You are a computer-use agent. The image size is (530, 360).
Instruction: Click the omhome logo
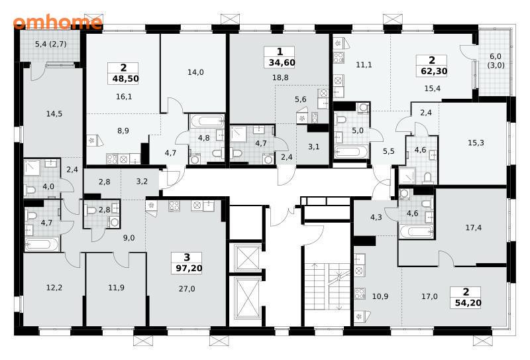tap(58, 23)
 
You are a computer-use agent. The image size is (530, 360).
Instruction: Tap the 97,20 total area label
tap(189, 269)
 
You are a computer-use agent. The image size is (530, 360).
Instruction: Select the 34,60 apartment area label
tap(282, 62)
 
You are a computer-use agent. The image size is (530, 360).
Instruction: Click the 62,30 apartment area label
tap(435, 72)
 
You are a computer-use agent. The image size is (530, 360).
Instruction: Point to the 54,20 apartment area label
tap(468, 303)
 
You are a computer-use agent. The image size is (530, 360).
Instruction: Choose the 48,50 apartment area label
tap(125, 79)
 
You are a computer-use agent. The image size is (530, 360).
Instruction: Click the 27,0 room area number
tap(187, 289)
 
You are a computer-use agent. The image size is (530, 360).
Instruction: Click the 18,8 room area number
tap(280, 78)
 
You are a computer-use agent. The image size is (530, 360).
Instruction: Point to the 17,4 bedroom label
tap(474, 227)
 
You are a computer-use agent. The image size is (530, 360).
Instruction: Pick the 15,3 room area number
tap(476, 143)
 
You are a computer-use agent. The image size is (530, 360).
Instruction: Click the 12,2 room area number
tap(54, 288)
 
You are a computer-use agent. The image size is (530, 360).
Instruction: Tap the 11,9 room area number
tap(117, 288)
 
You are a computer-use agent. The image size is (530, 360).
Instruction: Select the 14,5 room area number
tap(54, 113)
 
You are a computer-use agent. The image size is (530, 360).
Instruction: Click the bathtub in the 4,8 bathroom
tap(207, 121)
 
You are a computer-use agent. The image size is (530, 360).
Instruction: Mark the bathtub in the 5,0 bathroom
tap(350, 152)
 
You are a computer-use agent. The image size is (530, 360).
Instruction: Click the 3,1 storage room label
tap(313, 147)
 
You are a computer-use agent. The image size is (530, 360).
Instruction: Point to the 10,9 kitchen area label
tap(380, 297)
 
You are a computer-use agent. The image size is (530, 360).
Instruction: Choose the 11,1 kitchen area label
tap(364, 64)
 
